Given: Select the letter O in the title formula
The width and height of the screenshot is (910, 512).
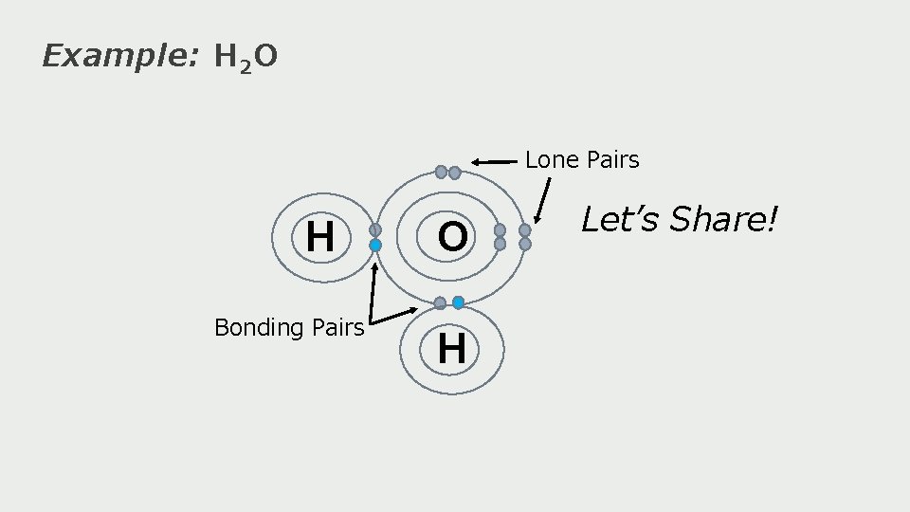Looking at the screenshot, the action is pos(266,58).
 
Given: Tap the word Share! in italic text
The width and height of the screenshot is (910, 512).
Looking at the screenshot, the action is pos(724,220).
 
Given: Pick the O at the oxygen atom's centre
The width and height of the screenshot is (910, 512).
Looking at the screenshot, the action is pos(453,238).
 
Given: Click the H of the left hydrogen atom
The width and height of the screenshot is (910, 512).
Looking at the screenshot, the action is pos(320,237).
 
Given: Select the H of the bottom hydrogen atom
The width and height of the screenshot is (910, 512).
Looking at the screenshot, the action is pos(452,349).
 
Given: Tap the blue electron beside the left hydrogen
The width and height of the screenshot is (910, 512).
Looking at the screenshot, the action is pos(375,246).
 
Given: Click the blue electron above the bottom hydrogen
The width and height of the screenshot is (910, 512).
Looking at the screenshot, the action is pos(458,302).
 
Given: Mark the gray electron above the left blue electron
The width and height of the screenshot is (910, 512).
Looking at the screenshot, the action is pos(375,229).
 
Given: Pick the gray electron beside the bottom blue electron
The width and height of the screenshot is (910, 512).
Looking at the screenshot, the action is pos(440,302).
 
